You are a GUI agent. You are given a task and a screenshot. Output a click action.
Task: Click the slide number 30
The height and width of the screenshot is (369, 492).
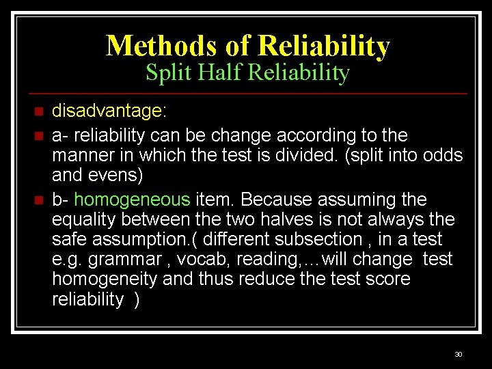pos(458,354)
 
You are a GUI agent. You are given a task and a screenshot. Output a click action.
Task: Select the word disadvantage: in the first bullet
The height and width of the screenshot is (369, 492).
pos(110,111)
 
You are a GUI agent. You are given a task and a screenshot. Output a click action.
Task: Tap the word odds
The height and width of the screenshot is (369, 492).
pos(442,155)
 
